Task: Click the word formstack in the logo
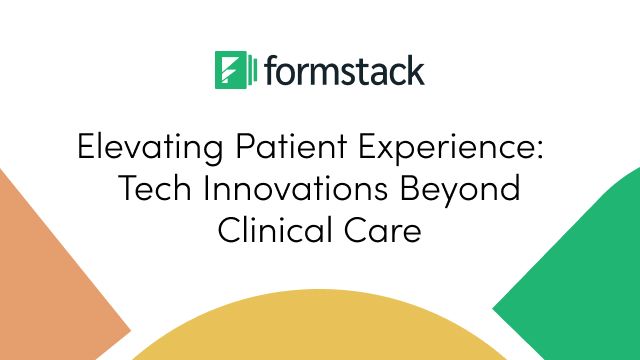[345, 71]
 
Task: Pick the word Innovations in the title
[292, 190]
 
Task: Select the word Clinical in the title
[270, 229]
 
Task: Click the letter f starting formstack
[271, 70]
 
